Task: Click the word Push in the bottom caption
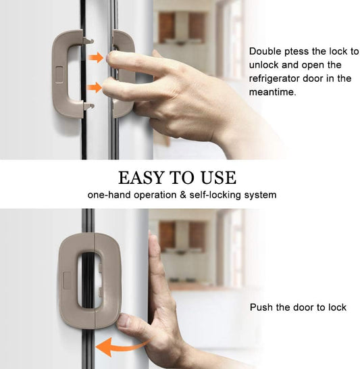tap(261, 307)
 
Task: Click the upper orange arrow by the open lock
tap(96, 57)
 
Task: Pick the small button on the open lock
tap(57, 72)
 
